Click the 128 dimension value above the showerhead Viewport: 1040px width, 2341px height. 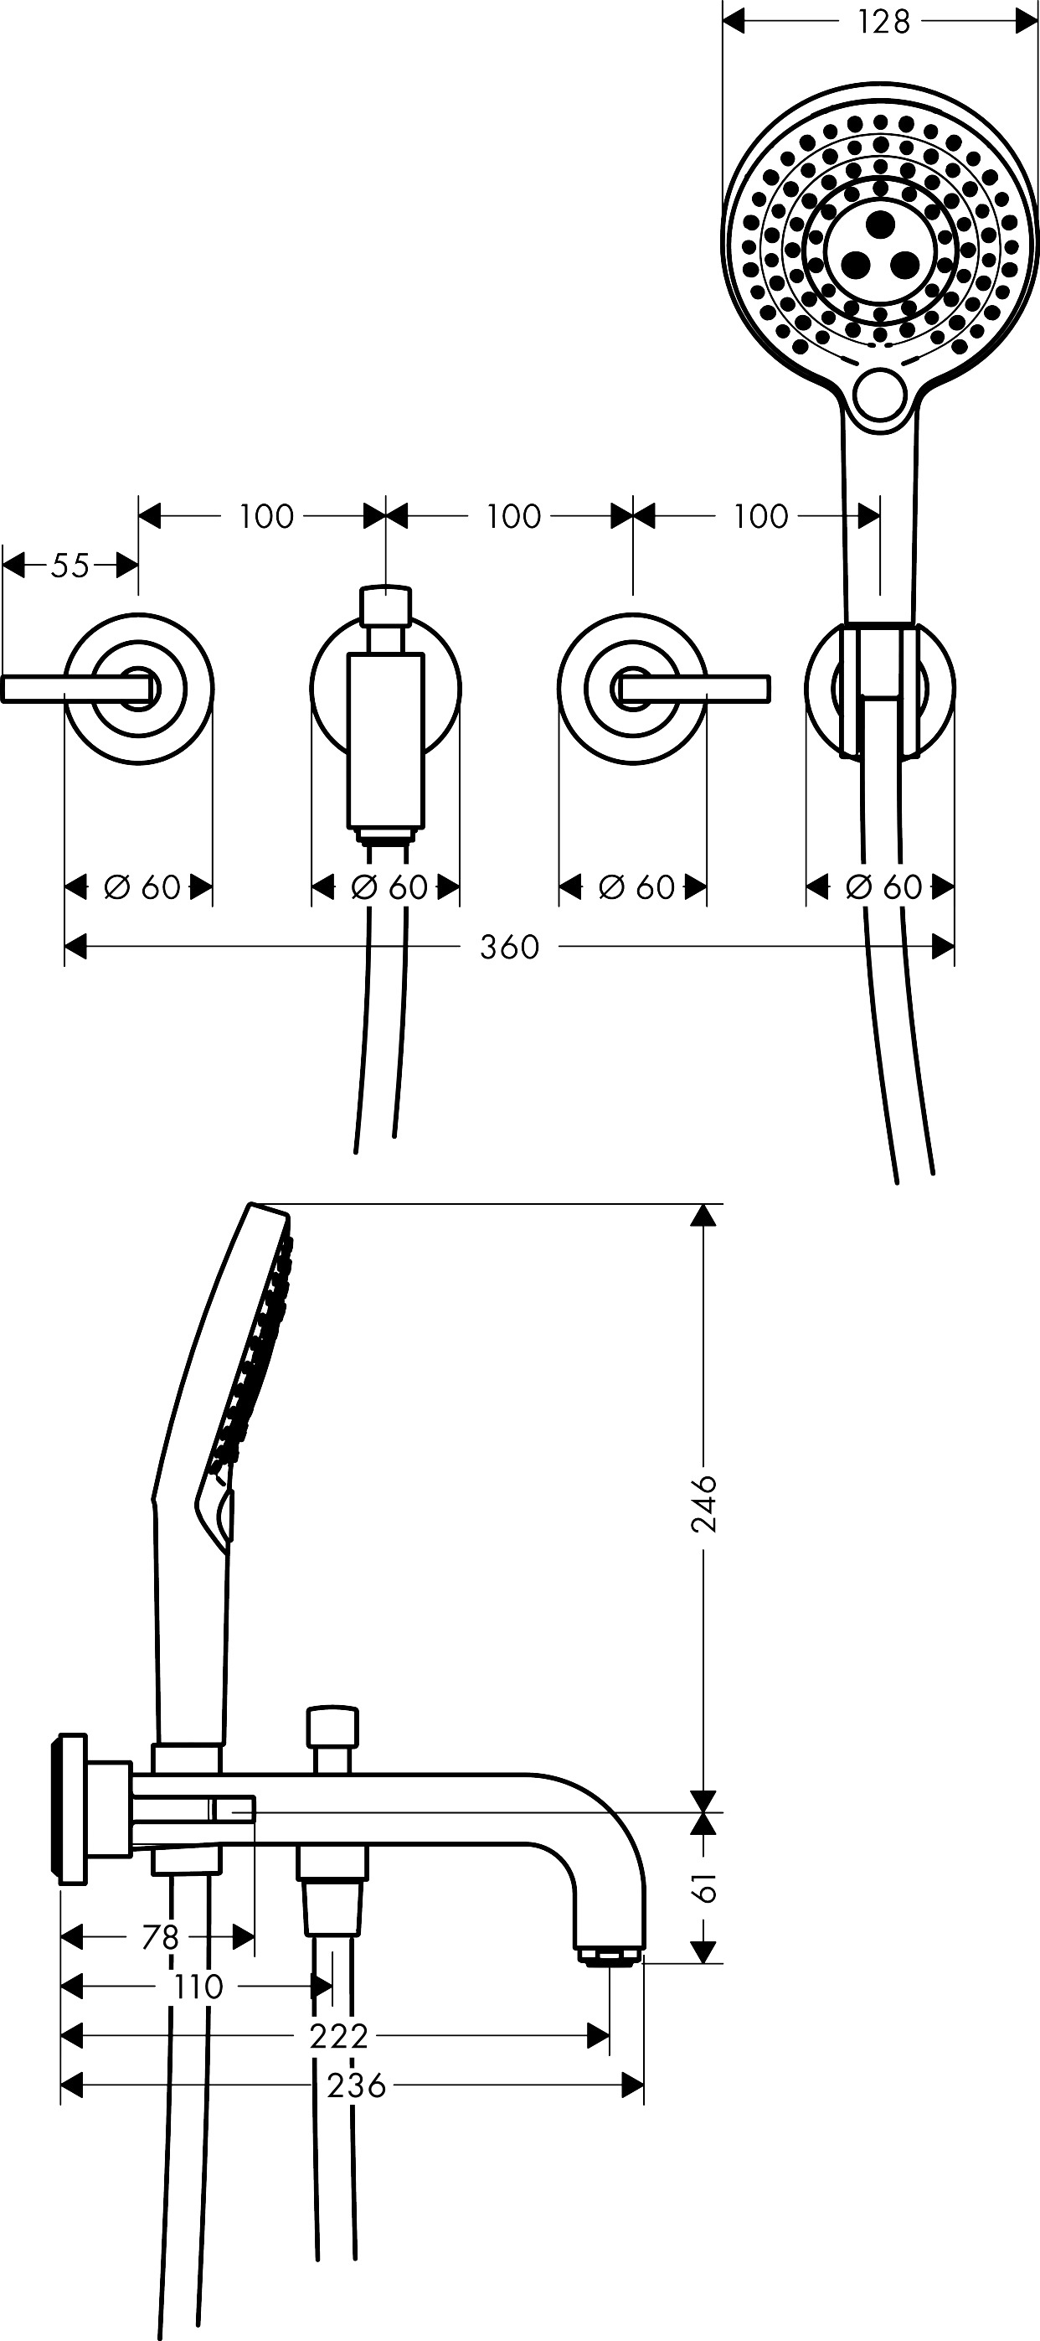tap(883, 22)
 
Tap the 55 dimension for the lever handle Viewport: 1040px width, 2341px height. tap(71, 566)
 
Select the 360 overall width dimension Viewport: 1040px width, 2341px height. tap(510, 947)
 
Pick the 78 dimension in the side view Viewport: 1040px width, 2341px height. tap(161, 1937)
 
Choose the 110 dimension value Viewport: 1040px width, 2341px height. tap(198, 1987)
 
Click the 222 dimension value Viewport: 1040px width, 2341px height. tap(339, 2037)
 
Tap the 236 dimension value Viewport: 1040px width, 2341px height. tap(357, 2085)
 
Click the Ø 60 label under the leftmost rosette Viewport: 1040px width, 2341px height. tap(142, 887)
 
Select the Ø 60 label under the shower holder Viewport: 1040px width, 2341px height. tap(883, 887)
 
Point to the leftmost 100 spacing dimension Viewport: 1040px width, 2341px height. tap(266, 516)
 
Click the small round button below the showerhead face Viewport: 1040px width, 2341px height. tap(880, 393)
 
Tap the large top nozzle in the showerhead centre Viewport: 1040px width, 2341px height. tap(880, 223)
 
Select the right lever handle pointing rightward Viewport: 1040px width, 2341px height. tap(695, 689)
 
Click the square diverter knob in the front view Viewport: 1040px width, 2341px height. tap(386, 605)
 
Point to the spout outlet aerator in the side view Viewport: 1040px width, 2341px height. tap(610, 1954)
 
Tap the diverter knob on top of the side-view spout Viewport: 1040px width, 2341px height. tap(332, 1726)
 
